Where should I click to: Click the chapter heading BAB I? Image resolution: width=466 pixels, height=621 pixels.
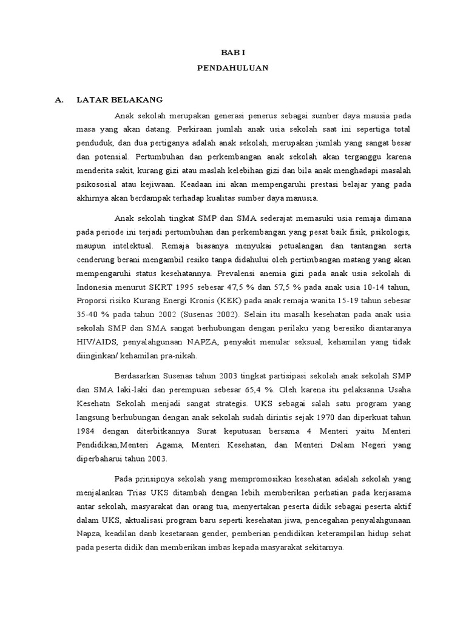coord(232,53)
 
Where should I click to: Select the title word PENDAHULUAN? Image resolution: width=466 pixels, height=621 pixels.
coord(232,69)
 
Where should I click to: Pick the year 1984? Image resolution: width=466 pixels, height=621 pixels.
coord(87,430)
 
